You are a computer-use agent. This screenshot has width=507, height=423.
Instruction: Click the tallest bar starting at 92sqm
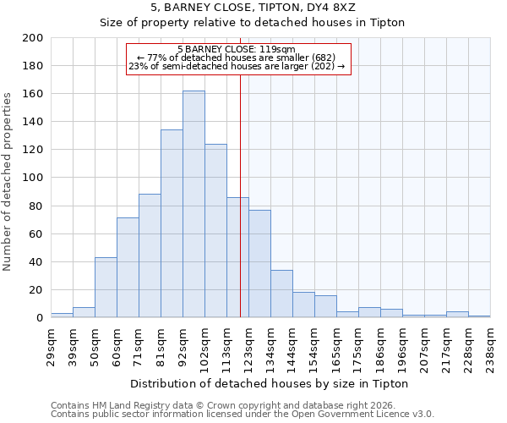point(194,204)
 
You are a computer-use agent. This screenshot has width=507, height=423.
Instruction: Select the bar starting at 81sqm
point(172,223)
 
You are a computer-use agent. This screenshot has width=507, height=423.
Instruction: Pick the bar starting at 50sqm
point(106,287)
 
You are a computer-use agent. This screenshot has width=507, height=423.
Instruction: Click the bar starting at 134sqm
point(281,294)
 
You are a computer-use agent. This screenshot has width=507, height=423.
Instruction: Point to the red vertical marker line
point(241,195)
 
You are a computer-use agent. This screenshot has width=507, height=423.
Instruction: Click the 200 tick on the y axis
point(33,38)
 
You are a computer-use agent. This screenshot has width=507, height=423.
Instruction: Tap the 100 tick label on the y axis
point(33,178)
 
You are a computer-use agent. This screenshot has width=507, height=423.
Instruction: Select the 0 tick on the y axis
point(39,318)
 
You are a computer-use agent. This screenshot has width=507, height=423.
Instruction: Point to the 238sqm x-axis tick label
point(490,346)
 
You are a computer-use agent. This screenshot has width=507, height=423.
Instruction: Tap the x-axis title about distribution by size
point(270,383)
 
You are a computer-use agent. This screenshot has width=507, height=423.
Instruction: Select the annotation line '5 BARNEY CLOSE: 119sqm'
point(237,50)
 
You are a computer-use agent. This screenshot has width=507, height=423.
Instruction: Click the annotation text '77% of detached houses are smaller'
point(237,58)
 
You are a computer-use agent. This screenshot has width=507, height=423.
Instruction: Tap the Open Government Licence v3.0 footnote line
point(243,414)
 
